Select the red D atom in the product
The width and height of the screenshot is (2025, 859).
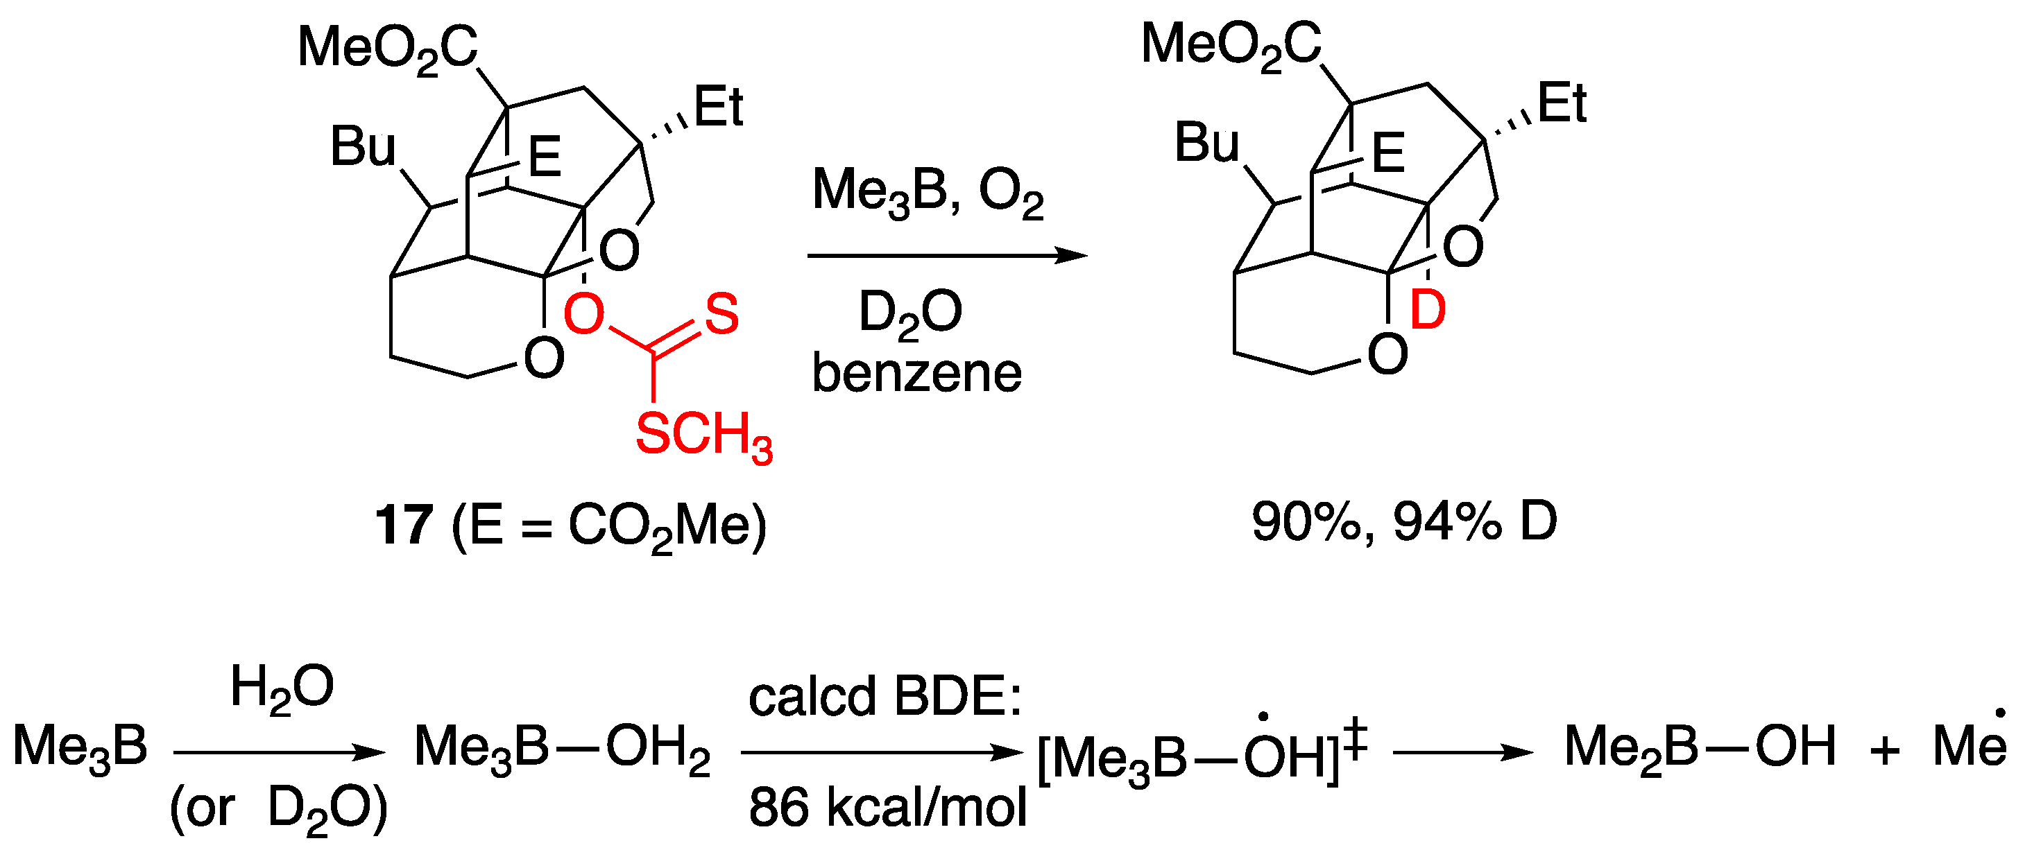click(1428, 310)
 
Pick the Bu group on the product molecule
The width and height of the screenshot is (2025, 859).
click(1206, 143)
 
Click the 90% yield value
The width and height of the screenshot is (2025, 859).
click(1305, 521)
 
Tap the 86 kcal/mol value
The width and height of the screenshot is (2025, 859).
click(887, 807)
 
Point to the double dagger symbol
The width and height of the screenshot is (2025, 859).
click(1356, 741)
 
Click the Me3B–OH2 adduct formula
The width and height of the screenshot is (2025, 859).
click(562, 747)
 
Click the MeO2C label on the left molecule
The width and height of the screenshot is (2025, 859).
click(388, 49)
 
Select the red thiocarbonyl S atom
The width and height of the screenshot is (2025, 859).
click(721, 313)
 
